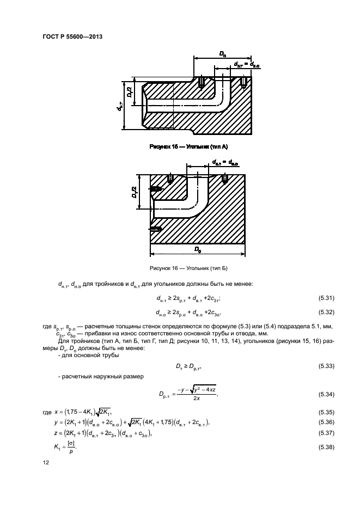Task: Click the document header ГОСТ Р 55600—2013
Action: coord(72,36)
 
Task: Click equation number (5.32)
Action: coord(326,312)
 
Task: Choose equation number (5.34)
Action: coord(326,394)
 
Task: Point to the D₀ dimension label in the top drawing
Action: coord(222,53)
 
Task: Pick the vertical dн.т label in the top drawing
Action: coord(119,107)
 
